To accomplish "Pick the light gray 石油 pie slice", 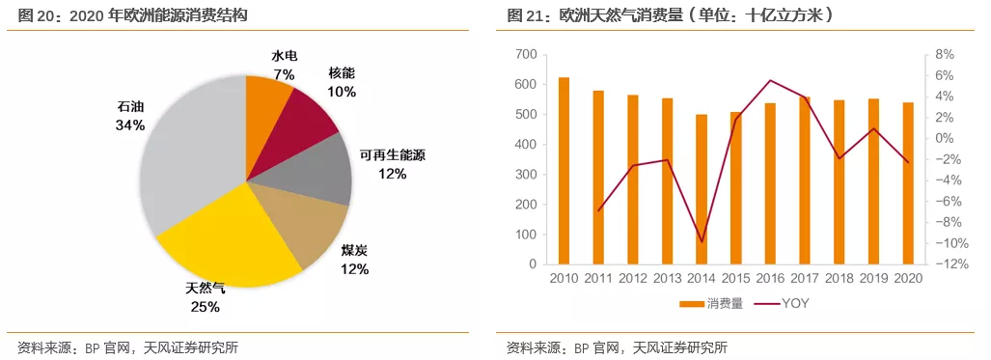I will pos(188,159).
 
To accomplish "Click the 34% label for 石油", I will pos(130,125).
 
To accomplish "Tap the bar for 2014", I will pos(702,189).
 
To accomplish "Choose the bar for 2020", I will pos(908,183).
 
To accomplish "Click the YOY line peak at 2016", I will pos(770,80).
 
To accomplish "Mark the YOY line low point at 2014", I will pos(702,241).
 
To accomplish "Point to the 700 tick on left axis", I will pos(526,54).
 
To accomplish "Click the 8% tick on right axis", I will pos(944,54).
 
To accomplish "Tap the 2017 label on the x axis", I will pos(805,279).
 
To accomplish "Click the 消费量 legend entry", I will pos(710,304).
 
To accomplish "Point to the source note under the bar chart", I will pos(617,347).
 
